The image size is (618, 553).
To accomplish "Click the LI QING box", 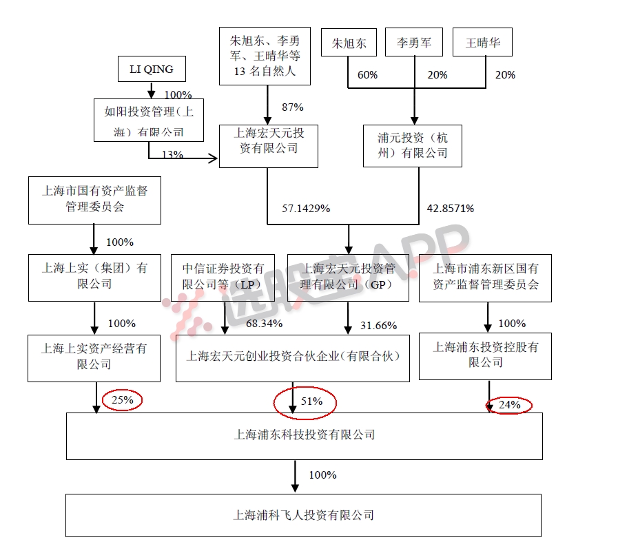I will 151,70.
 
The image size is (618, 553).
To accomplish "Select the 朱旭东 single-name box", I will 349,43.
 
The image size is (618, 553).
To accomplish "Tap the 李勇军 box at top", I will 414,43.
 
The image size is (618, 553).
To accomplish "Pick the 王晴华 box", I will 483,43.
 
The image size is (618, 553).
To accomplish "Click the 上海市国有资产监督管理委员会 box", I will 94,199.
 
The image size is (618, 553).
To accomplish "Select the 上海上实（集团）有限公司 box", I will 94,276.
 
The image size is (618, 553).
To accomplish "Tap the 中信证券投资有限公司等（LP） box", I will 223,276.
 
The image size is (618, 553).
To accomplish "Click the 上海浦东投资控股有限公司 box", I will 485,356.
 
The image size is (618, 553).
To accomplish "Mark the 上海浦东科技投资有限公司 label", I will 304,435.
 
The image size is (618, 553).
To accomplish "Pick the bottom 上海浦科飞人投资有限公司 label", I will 303,515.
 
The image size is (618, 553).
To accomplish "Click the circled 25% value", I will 121,399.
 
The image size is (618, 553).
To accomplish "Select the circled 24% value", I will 509,405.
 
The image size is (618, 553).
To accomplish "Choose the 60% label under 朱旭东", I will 367,75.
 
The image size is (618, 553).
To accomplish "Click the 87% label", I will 292,107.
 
